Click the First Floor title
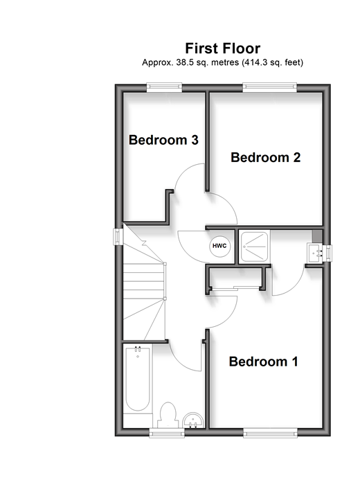pos(223,48)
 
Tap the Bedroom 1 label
pos(264,361)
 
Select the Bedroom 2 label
pos(265,157)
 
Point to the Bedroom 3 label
pos(163,140)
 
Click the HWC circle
pos(220,246)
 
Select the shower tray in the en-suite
pos(254,246)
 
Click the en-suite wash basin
pos(314,253)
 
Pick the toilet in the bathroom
pos(168,415)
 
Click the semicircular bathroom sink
pos(193,420)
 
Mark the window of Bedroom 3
pos(165,88)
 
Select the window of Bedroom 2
pos(270,88)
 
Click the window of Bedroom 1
pos(271,433)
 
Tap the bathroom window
pos(167,433)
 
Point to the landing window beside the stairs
pos(118,237)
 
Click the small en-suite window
pos(327,253)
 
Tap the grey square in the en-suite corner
pos(317,236)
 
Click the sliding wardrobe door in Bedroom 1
pos(235,288)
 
